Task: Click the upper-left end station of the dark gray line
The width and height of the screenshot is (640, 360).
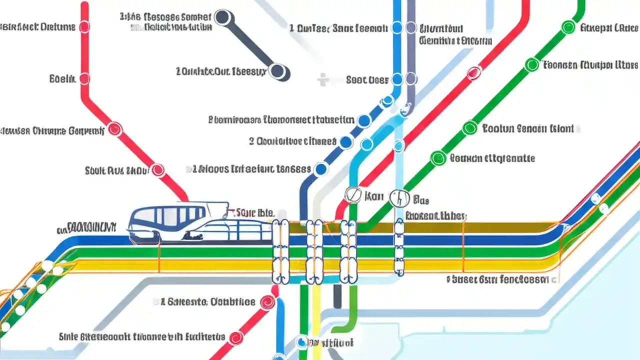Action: coord(223,18)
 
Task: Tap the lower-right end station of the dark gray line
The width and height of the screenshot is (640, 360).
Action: coord(278,71)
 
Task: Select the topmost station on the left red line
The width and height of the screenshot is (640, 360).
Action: coord(84,26)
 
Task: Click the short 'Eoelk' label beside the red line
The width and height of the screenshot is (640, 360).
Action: coord(62,78)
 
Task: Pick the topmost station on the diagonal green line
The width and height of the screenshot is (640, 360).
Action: coord(568,27)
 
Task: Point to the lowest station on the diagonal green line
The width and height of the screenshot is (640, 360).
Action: coord(438,158)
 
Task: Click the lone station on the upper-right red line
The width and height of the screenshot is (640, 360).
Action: coord(473,73)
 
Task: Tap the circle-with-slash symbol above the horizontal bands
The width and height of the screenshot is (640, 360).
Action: coord(352,195)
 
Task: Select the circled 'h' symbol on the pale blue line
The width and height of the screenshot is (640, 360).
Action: coord(398,198)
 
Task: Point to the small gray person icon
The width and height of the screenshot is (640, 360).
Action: coord(323,79)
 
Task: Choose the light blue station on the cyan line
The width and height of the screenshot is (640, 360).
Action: coord(366,144)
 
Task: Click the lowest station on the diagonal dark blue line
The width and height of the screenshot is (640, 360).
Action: coord(320,169)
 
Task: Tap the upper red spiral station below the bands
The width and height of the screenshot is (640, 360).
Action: coord(268,302)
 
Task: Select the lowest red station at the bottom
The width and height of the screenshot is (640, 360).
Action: coord(235,338)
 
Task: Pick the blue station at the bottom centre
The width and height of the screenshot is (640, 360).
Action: coord(301,342)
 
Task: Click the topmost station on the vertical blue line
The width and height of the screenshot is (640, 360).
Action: coord(397,27)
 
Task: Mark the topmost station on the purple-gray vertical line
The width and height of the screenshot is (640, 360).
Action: coord(411,27)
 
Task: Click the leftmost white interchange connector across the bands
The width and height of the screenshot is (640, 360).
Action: coord(280,250)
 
